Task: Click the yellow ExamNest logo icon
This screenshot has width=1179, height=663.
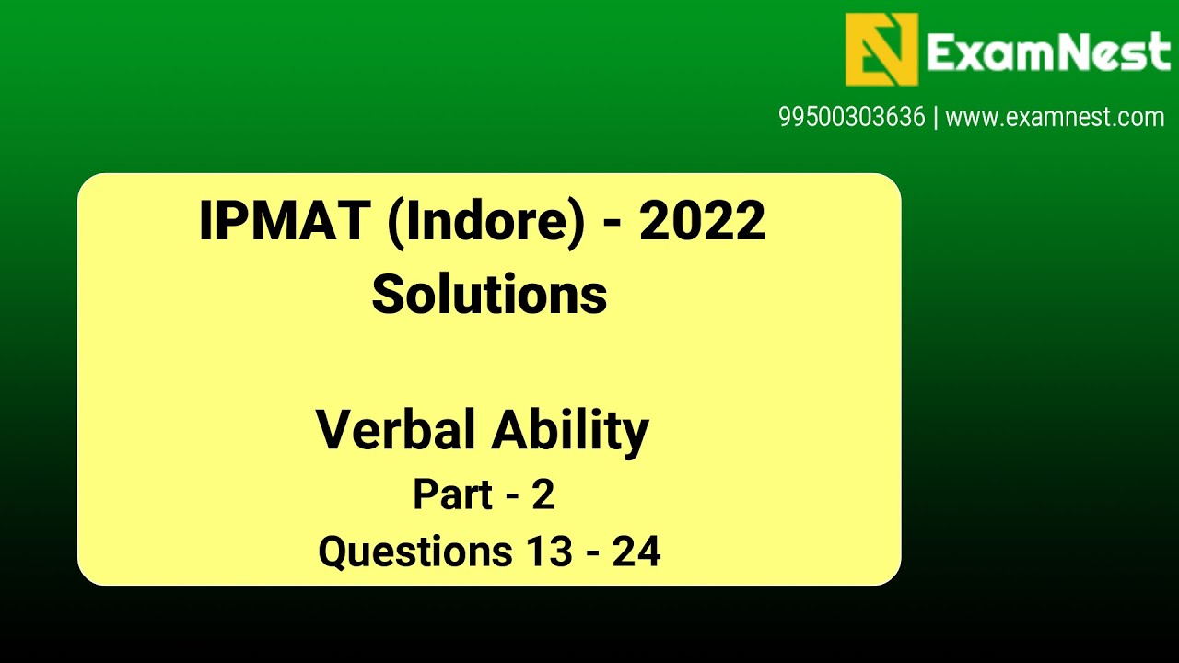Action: point(881,49)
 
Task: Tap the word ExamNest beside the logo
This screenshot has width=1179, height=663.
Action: point(1048,52)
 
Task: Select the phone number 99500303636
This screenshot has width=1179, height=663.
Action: point(851,118)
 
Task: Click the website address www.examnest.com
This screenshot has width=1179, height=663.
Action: point(1055,118)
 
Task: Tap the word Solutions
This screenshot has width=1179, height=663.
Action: point(489,295)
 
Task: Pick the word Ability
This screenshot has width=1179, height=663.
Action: point(570,430)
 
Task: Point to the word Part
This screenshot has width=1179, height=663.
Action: point(452,494)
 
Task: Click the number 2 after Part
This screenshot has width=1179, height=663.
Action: point(543,494)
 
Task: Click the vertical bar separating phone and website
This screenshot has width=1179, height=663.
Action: point(936,118)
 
